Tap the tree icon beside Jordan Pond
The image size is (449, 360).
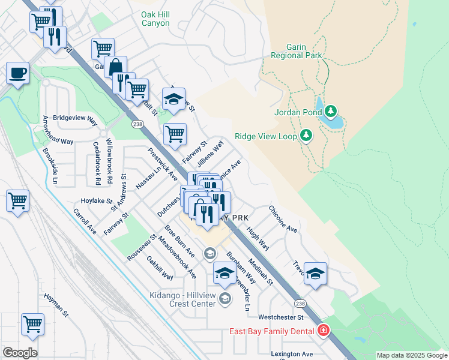pos(331,112)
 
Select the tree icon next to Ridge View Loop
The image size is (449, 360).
pos(307,136)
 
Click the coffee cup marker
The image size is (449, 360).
pos(17,73)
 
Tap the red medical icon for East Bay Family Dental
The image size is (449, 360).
pos(324,331)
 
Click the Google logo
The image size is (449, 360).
pos(20,352)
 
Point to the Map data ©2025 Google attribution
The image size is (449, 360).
pos(411,355)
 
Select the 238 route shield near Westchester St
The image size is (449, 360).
pos(300,304)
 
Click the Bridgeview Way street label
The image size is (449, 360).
pos(75,119)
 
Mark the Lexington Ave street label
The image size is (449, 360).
pos(292,354)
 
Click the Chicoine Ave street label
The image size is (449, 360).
pos(283,219)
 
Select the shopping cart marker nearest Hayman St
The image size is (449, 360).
pos(32,324)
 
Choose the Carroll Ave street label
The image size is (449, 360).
pos(85,220)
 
